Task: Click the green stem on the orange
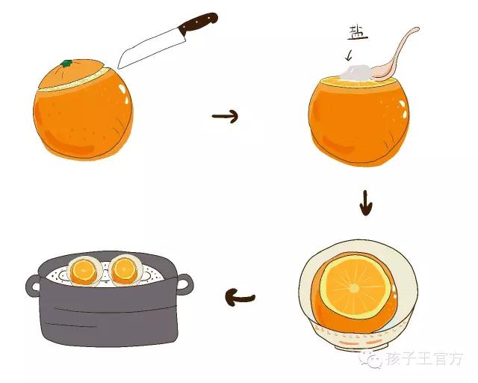click(66, 64)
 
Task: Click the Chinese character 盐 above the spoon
click(357, 33)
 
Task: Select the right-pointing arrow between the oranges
click(225, 116)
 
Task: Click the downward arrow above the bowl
click(366, 203)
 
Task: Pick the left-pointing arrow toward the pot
click(240, 298)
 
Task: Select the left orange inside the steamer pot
click(84, 270)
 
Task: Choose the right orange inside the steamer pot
click(125, 269)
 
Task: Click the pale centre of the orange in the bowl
click(353, 288)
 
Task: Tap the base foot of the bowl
click(361, 348)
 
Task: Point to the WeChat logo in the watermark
click(370, 360)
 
